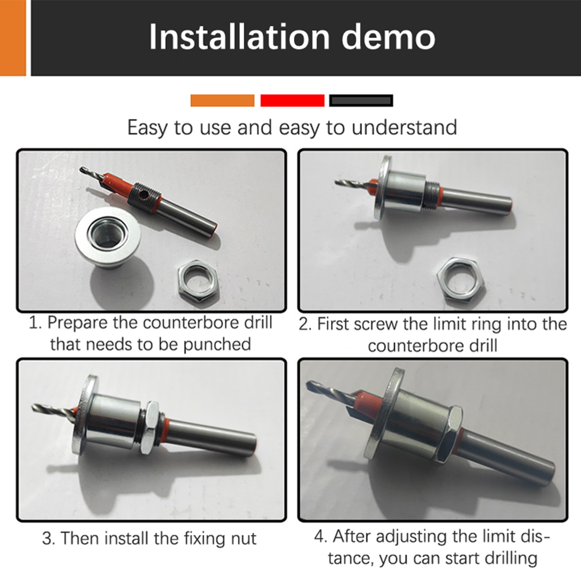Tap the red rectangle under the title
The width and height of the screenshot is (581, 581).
[292, 100]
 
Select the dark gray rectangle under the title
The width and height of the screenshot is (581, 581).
[361, 100]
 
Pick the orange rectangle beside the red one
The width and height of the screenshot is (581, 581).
[222, 100]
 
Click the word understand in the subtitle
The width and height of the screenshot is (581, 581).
[404, 128]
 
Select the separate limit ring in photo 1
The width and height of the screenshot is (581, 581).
[107, 239]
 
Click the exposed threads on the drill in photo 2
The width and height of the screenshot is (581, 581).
[431, 196]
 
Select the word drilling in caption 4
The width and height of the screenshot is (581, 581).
[511, 558]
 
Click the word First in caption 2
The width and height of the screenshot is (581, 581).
[333, 324]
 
